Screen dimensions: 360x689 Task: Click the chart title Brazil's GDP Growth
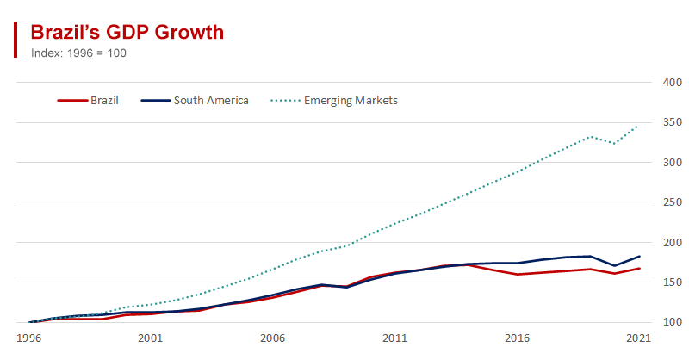pyautogui.click(x=127, y=32)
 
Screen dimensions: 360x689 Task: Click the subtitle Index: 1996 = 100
pyautogui.click(x=79, y=52)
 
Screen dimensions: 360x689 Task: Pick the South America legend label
pyautogui.click(x=211, y=101)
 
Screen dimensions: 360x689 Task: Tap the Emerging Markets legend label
pyautogui.click(x=351, y=101)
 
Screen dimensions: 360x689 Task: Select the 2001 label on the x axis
pyautogui.click(x=151, y=338)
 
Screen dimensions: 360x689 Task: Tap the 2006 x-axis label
pyautogui.click(x=272, y=338)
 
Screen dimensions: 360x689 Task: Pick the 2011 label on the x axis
pyautogui.click(x=394, y=338)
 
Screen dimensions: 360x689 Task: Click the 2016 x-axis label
pyautogui.click(x=517, y=338)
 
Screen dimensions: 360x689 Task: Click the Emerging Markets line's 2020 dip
pyautogui.click(x=614, y=143)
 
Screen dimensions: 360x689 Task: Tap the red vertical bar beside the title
pyautogui.click(x=16, y=39)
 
